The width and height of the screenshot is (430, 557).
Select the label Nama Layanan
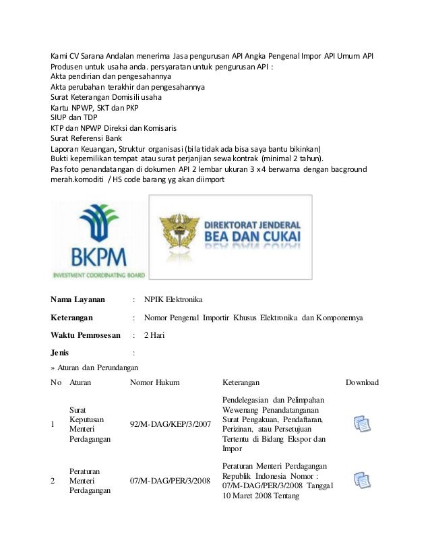(78, 299)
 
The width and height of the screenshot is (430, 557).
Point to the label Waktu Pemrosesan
(86, 334)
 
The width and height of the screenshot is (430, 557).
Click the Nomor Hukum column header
(154, 382)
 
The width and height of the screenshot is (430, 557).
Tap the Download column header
(362, 382)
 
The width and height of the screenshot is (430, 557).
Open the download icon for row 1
(362, 424)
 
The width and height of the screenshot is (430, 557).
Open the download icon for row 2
(362, 480)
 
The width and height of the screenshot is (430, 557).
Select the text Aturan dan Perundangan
(98, 368)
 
